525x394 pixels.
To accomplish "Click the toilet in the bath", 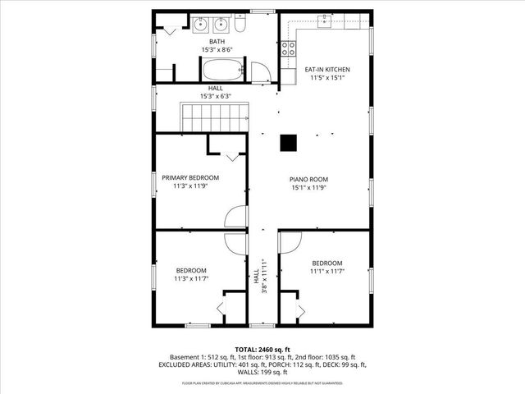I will coord(240,25).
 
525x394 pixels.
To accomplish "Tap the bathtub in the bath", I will coord(224,70).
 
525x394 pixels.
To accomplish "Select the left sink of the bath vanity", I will coord(200,25).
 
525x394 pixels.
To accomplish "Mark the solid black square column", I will coord(289,143).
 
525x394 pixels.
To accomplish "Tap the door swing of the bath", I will coord(262,72).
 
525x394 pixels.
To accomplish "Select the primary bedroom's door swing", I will coord(236,216).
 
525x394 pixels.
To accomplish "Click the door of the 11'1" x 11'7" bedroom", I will coord(290,242).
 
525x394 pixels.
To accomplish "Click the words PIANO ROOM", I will coord(308,179).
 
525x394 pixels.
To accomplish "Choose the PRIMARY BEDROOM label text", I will coord(190,177).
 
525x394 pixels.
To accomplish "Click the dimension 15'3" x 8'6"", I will coord(217,50).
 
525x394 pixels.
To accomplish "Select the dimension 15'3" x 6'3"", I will coord(216,96).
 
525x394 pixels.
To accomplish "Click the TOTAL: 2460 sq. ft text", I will coord(262,350).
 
